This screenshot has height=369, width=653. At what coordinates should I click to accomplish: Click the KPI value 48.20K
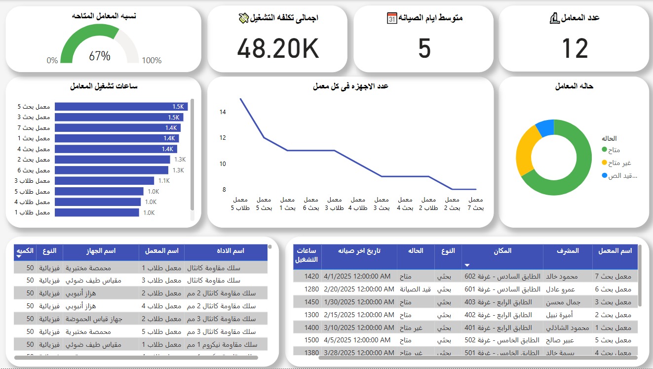(x=278, y=48)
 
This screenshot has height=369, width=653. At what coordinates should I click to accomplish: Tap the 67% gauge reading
(x=99, y=56)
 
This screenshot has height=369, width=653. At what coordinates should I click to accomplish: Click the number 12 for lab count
(x=575, y=48)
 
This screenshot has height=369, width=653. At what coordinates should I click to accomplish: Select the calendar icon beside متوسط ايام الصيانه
(x=392, y=18)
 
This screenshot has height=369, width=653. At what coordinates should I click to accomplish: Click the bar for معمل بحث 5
(x=121, y=107)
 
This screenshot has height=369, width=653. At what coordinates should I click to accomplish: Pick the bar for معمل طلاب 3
(x=104, y=181)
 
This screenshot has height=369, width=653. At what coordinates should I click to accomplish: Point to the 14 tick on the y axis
(x=223, y=112)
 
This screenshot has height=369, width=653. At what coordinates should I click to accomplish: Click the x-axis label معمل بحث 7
(x=475, y=204)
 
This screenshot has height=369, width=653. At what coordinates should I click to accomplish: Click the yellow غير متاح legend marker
(x=604, y=163)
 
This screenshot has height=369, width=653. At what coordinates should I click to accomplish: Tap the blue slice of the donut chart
(x=545, y=127)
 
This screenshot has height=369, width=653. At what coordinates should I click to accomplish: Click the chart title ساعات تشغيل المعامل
(x=104, y=86)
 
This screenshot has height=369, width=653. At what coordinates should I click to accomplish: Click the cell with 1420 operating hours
(x=311, y=276)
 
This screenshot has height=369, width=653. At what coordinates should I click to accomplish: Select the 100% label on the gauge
(x=152, y=60)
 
